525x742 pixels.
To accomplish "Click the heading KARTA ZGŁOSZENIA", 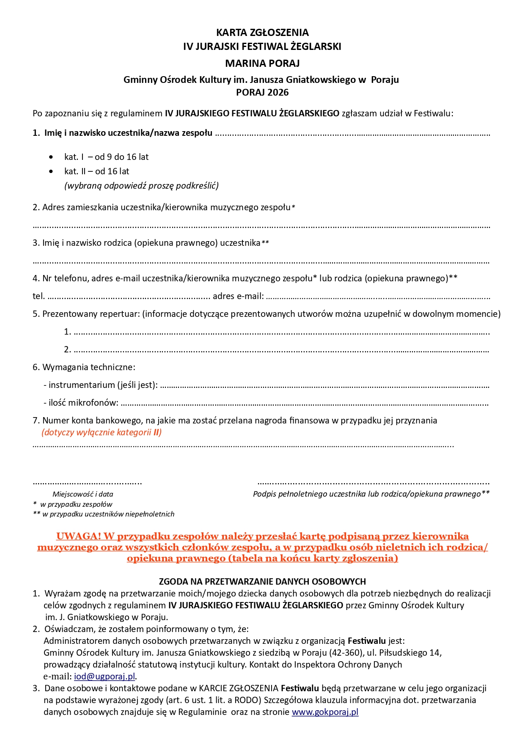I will [x=262, y=33].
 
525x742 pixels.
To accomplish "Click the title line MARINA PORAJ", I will [x=262, y=63].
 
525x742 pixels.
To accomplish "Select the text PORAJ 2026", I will [x=262, y=92].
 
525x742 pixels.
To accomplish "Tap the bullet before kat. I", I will [x=51, y=157].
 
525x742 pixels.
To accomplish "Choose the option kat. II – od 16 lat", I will [x=96, y=171].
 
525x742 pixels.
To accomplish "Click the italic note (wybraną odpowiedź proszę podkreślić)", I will [x=141, y=185].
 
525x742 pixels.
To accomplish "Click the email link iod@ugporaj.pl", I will [x=104, y=676].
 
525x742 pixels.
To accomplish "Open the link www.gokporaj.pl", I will [x=325, y=712].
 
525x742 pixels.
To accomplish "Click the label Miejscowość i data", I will [x=83, y=494].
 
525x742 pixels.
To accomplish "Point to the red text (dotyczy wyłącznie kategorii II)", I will [x=102, y=432].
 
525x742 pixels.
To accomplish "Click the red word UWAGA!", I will [x=79, y=536].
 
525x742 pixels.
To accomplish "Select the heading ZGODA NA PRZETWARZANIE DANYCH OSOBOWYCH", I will [x=262, y=581].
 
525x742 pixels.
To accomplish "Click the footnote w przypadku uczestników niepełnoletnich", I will [x=108, y=514].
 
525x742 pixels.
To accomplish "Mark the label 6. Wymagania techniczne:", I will [x=84, y=367].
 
